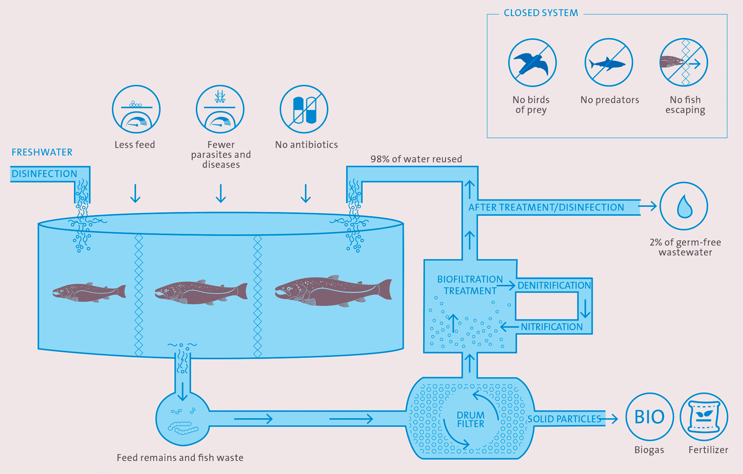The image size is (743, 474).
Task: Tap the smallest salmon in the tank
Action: point(89,292)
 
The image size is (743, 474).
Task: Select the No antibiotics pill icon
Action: point(304,110)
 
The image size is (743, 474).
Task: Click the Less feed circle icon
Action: point(136,110)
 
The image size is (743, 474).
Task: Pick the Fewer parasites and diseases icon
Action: point(220,110)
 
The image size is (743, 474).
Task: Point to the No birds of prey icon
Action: point(532,63)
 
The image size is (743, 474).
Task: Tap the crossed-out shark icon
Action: point(609,63)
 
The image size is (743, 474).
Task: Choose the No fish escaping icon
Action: point(684,63)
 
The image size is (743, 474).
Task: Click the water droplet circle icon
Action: point(684,206)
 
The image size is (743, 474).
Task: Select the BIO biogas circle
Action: point(649,417)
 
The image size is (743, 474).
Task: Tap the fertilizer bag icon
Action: point(704,417)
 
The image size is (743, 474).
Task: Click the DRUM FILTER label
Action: point(470,419)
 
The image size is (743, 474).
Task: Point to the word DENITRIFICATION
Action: point(554,285)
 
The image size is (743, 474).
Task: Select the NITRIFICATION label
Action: point(552,327)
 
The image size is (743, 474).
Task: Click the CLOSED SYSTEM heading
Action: point(541,13)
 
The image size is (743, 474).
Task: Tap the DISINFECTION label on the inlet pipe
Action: point(44,174)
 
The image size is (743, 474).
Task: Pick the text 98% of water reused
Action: point(416,159)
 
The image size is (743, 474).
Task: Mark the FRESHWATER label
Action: point(42,152)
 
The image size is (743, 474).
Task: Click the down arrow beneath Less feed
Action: point(135,194)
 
